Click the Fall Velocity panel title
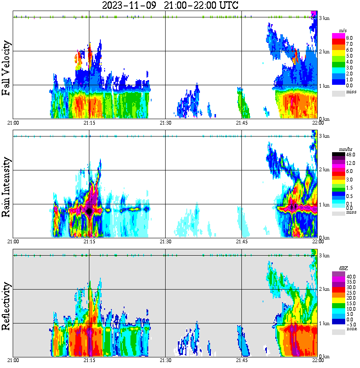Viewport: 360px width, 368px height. tap(6, 68)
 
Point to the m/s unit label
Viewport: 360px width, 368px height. tap(343, 31)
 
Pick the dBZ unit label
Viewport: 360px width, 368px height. tap(343, 268)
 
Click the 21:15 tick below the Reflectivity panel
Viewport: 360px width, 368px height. tap(89, 360)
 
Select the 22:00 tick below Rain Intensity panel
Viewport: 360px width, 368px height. tap(318, 241)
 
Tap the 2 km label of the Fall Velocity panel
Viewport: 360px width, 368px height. tap(324, 52)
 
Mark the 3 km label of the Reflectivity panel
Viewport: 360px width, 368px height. tap(324, 256)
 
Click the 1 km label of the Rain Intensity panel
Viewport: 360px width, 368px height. tap(324, 205)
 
